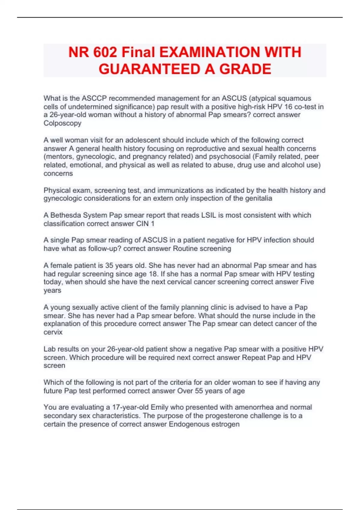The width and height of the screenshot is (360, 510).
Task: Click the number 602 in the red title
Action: [x=105, y=52]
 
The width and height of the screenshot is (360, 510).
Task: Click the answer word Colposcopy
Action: [x=62, y=123]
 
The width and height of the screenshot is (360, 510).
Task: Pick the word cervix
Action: [x=53, y=332]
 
